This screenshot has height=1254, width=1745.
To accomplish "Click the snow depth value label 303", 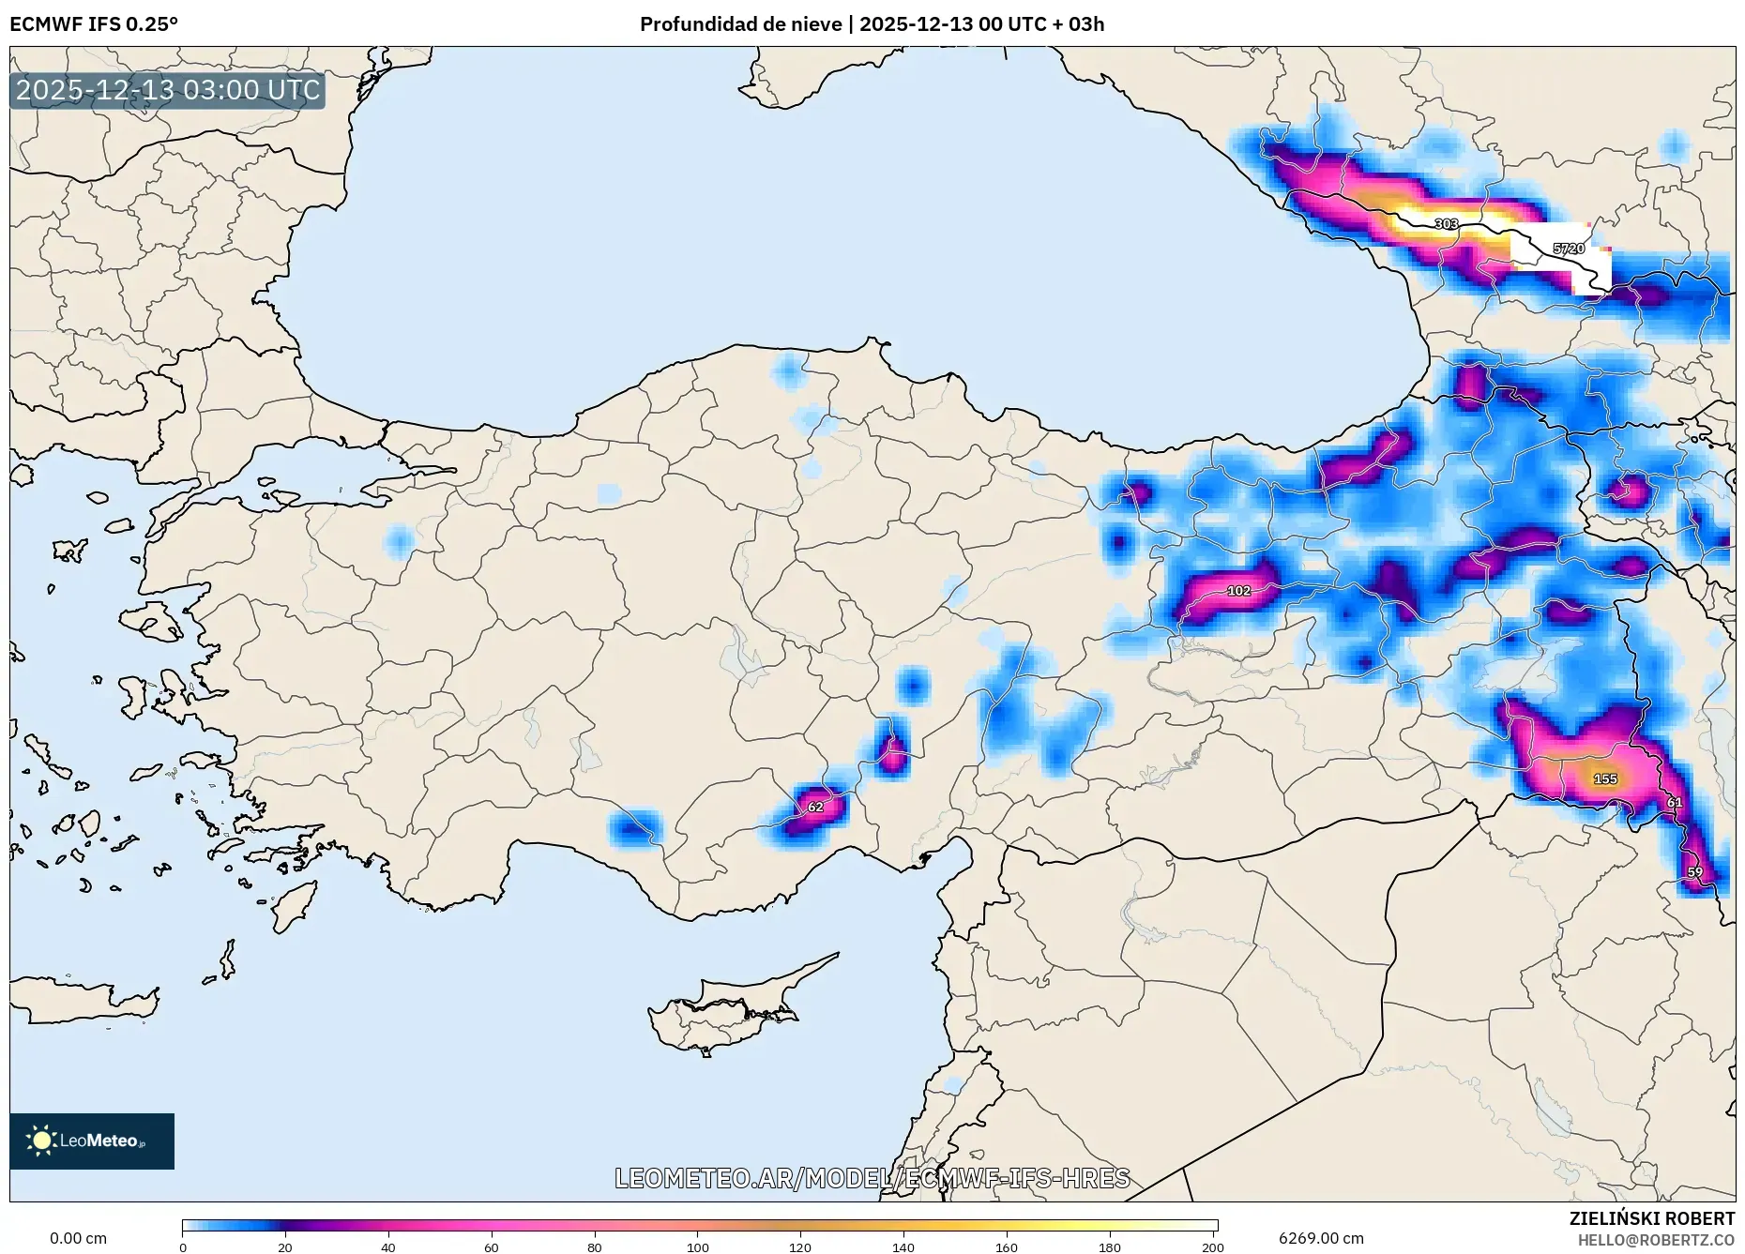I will (x=1446, y=224).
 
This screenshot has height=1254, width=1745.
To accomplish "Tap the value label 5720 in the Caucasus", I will (x=1568, y=249).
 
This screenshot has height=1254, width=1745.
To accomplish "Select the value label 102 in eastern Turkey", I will (x=1238, y=591).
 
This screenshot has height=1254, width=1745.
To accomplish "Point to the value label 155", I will (x=1605, y=778).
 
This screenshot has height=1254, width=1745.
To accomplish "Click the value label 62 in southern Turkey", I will (x=815, y=807).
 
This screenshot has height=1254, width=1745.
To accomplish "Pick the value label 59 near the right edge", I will (x=1694, y=872).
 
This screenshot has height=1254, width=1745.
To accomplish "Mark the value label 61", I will (x=1675, y=803).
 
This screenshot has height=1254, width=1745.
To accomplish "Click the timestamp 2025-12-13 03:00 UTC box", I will (x=168, y=90).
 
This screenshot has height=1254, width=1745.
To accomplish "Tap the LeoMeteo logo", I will (x=92, y=1141).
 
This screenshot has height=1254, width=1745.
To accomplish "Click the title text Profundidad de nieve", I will (x=740, y=23).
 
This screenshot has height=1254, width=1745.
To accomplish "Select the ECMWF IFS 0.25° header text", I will (x=94, y=23).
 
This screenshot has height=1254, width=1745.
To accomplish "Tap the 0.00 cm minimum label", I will (x=78, y=1238).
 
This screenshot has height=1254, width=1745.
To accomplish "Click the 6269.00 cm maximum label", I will (x=1321, y=1238).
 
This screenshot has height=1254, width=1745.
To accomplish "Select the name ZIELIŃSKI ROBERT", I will (x=1651, y=1218).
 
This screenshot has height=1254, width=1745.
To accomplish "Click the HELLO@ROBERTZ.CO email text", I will (x=1656, y=1240).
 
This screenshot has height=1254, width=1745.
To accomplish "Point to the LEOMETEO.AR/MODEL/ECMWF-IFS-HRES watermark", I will (x=872, y=1178).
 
